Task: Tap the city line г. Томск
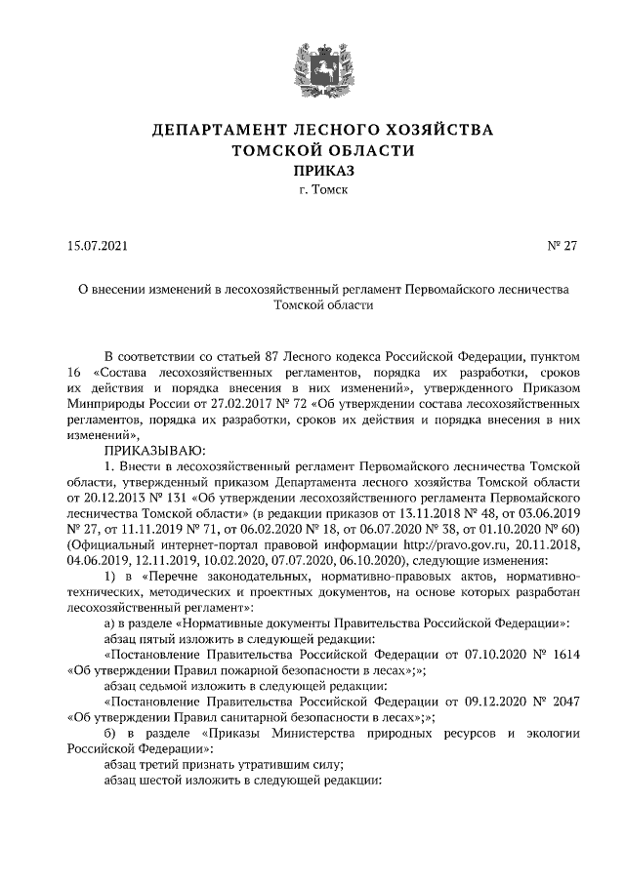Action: click(x=312, y=190)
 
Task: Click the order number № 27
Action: click(x=562, y=246)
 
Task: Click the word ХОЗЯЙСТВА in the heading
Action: click(x=431, y=130)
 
